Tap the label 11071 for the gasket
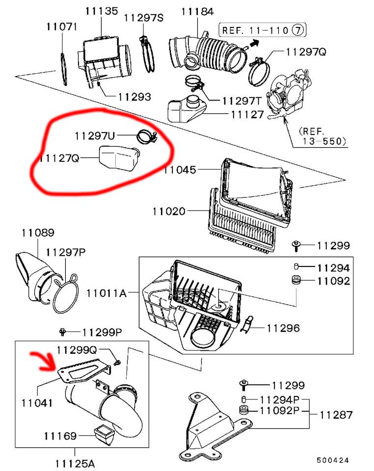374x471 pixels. click(61, 26)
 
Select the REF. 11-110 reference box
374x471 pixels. click(262, 30)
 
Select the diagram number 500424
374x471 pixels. click(332, 460)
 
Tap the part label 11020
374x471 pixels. click(169, 212)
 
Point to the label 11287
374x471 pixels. click(336, 415)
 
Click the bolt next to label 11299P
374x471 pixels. click(62, 332)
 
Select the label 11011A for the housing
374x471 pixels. click(107, 293)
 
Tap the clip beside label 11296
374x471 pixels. click(248, 324)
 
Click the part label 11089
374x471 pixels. click(38, 233)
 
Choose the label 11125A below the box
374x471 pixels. click(76, 463)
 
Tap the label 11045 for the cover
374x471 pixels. click(180, 170)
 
